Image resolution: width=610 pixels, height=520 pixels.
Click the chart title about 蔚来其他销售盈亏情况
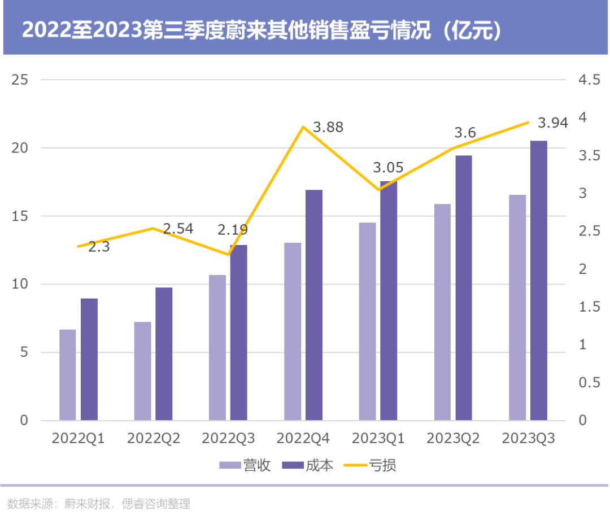tap(263, 29)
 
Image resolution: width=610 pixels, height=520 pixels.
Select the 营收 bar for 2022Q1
tap(68, 375)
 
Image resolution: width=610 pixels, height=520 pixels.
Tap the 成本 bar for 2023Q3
tap(539, 281)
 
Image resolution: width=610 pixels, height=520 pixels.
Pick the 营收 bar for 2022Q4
tap(293, 332)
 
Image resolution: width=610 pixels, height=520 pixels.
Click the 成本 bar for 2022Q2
tap(164, 354)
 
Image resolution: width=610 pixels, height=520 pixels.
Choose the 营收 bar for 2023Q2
tap(442, 312)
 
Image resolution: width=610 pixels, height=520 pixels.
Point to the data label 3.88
tap(328, 127)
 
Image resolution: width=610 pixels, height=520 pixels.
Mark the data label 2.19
tap(233, 230)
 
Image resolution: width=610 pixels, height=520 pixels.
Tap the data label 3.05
tap(388, 168)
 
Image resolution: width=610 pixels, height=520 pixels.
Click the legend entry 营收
tap(246, 465)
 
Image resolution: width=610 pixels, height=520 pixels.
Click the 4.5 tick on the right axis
tap(589, 80)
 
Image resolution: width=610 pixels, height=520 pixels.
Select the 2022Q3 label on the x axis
tap(228, 439)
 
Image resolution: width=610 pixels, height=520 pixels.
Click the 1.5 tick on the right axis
tap(589, 307)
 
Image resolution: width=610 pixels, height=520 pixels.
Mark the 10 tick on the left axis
tap(20, 284)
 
